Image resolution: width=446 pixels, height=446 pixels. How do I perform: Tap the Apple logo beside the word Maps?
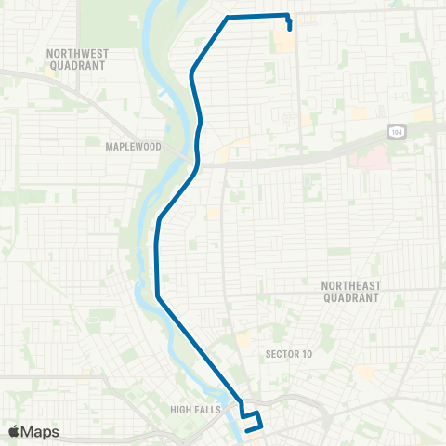(14, 432)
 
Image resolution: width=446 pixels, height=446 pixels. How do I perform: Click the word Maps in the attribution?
(40, 432)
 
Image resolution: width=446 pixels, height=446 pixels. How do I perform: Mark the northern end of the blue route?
(291, 28)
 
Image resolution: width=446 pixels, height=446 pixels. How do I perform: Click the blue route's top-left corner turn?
(229, 18)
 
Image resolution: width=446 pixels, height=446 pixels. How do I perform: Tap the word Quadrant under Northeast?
(350, 298)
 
